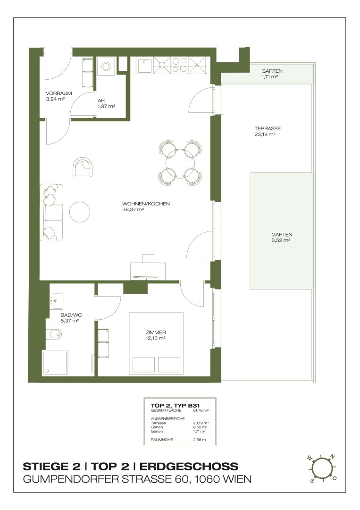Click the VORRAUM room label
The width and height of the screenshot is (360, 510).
59,93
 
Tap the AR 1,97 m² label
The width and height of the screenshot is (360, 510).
107,103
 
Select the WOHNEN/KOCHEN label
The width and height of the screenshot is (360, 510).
146,204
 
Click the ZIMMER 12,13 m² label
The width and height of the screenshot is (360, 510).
156,335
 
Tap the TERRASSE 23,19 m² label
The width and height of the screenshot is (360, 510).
268,131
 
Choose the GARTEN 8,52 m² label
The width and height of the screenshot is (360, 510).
282,238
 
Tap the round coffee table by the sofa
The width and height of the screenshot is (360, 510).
80,212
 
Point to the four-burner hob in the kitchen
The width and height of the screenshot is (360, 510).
179,65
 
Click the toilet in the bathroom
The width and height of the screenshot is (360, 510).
54,333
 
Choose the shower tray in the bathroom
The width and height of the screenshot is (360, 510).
55,363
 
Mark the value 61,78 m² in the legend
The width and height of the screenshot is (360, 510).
201,410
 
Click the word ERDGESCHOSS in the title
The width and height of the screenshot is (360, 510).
189,466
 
